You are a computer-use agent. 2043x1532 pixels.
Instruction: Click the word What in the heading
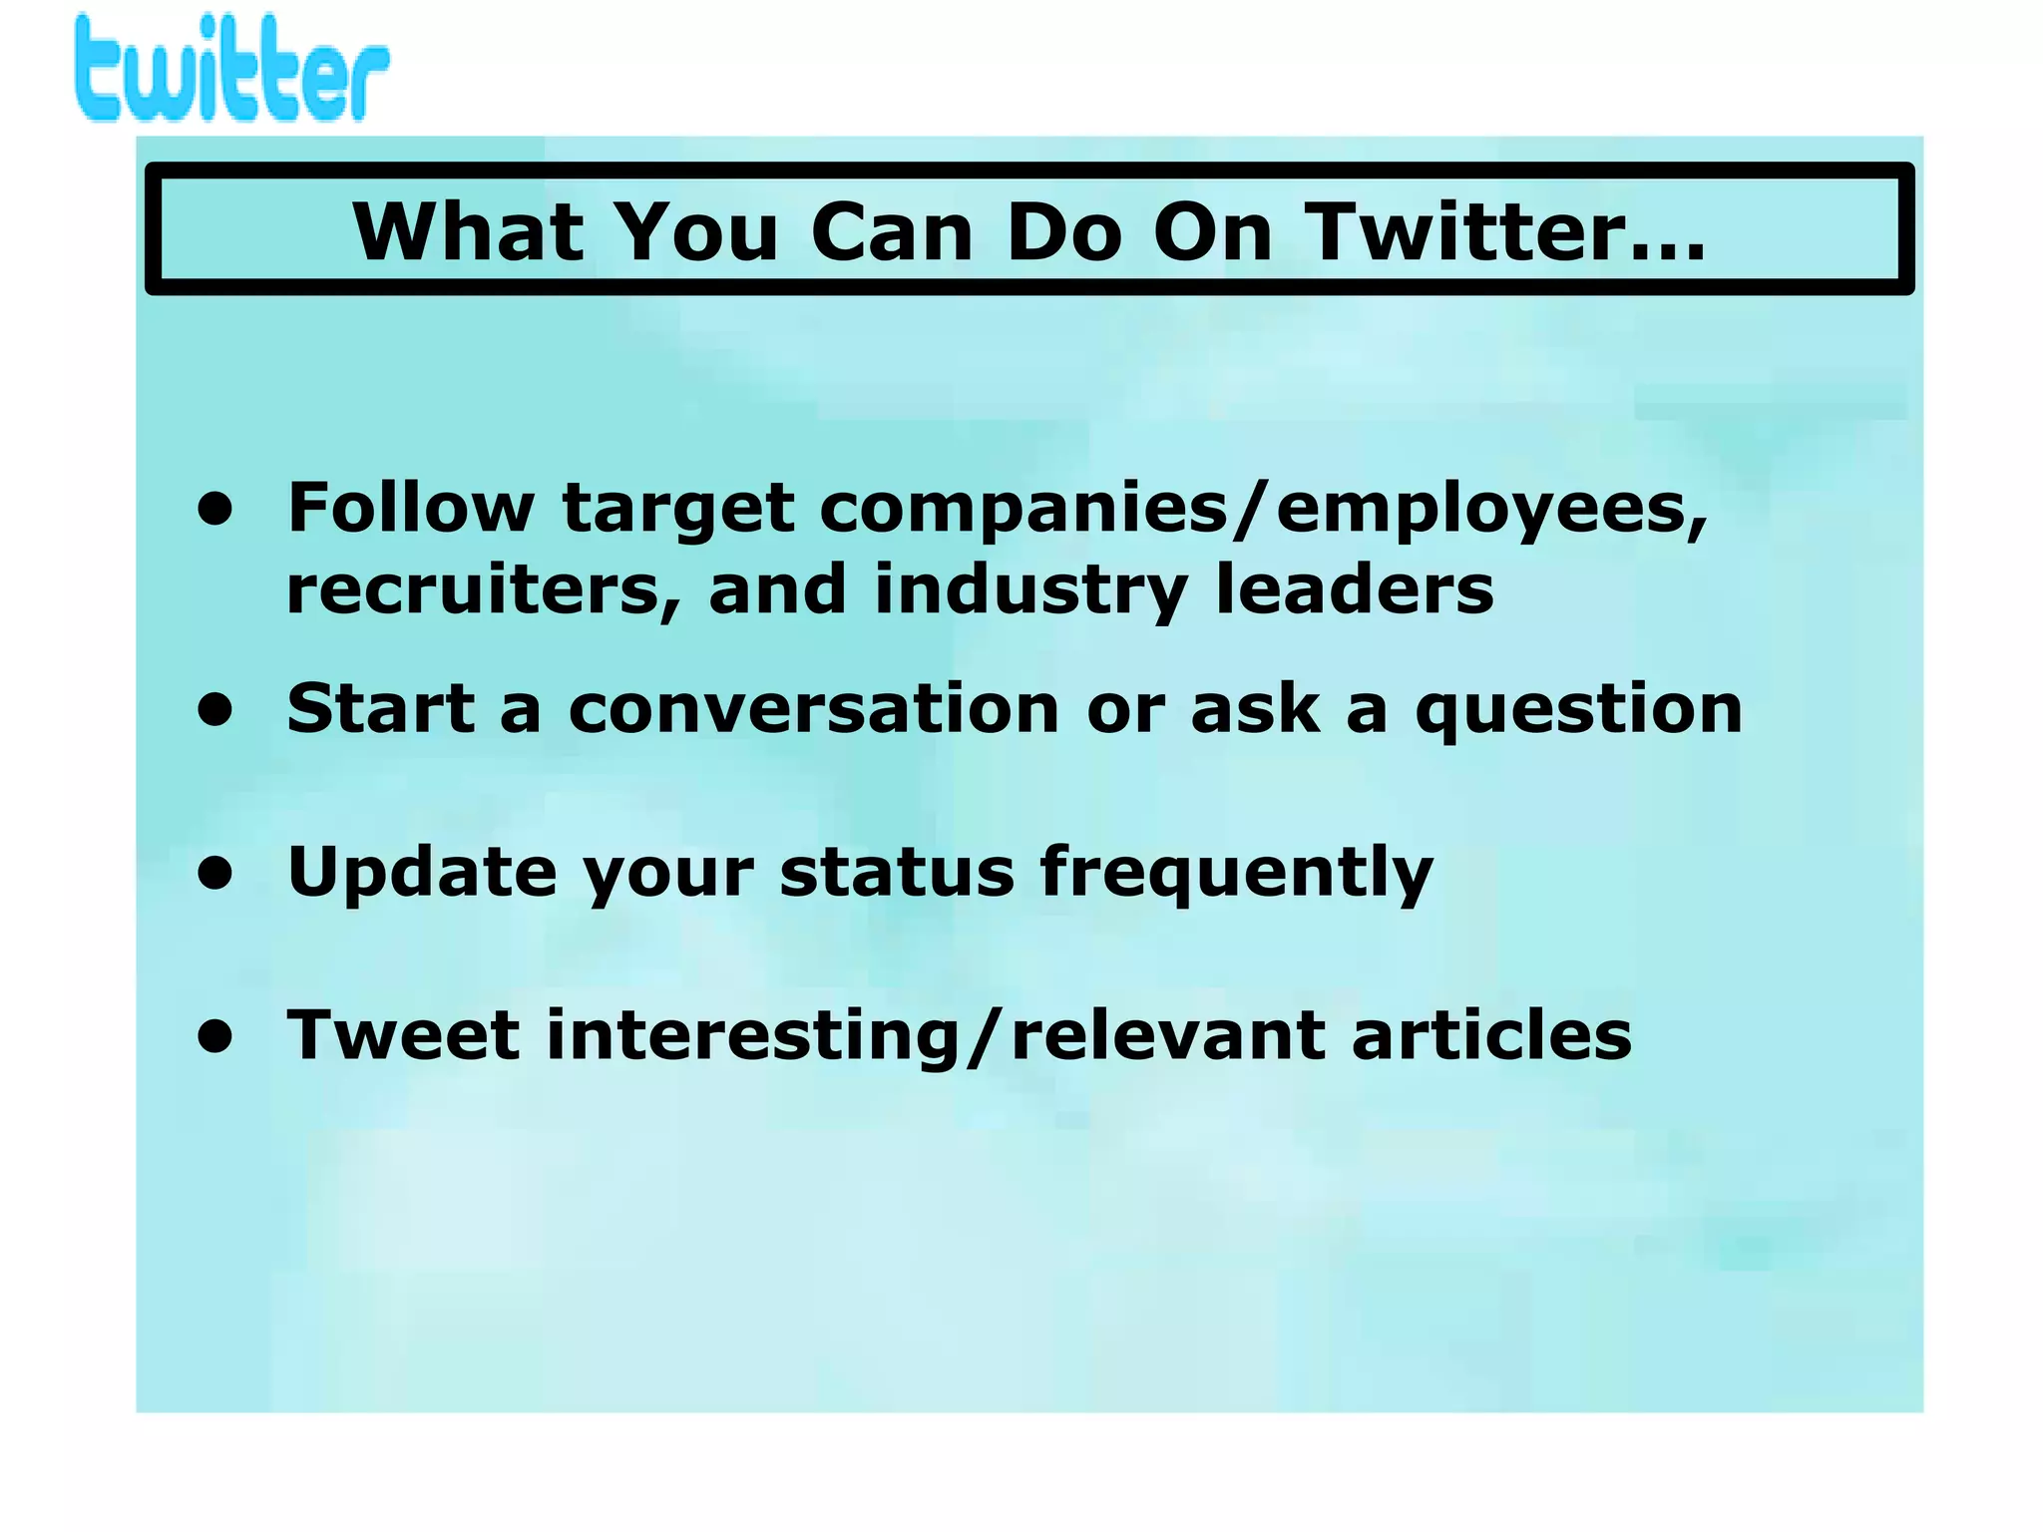468,232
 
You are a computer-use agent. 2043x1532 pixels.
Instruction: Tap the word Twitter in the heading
1506,232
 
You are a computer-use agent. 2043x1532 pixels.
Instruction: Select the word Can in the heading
892,232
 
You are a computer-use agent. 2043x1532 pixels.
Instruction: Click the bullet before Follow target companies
214,509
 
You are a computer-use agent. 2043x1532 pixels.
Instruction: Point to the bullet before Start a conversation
214,709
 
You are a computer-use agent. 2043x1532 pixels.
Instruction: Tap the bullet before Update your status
214,873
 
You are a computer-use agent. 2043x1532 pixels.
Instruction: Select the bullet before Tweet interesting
214,1035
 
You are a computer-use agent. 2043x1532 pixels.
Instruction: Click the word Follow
411,509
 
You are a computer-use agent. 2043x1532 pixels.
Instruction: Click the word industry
1030,590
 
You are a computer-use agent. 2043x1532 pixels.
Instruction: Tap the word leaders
1355,590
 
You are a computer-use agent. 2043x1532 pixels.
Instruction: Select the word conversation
813,709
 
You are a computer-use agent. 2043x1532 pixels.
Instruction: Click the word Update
422,873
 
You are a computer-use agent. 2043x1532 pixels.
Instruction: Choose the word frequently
1236,873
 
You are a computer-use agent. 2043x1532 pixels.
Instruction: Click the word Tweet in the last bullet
403,1035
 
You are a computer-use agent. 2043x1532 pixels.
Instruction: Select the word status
896,873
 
